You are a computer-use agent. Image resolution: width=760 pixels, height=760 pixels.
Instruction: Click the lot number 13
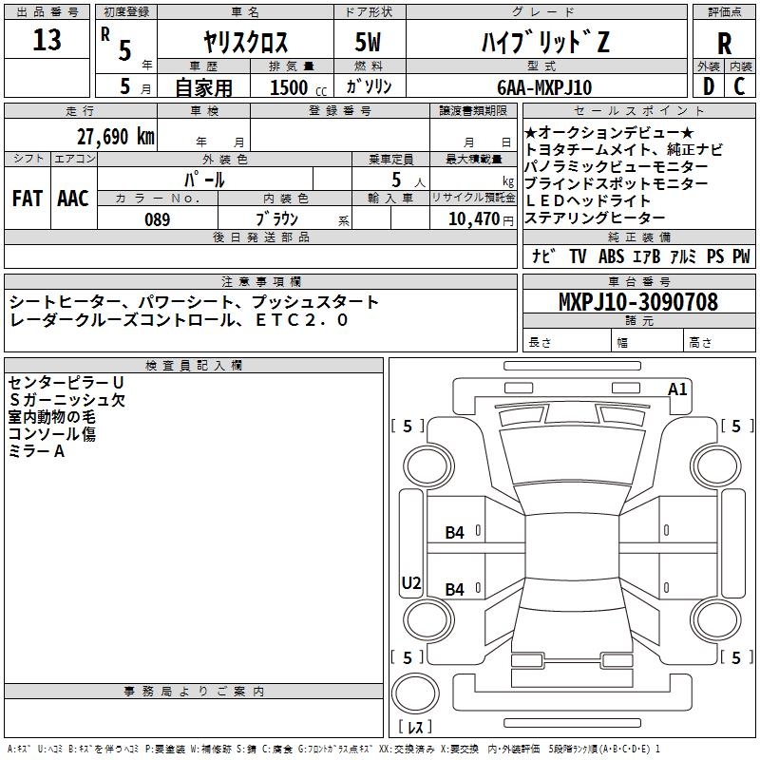[x=47, y=40]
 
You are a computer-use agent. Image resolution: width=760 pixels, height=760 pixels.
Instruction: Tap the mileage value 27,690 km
[x=116, y=137]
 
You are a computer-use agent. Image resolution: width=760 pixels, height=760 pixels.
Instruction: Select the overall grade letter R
[x=724, y=44]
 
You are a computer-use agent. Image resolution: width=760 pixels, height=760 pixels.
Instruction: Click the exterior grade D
[x=709, y=86]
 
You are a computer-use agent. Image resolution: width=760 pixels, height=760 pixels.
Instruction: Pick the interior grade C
[x=739, y=86]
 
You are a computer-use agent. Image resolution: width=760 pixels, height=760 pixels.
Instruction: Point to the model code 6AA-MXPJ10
[x=544, y=87]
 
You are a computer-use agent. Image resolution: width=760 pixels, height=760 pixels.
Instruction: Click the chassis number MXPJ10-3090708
[x=638, y=301]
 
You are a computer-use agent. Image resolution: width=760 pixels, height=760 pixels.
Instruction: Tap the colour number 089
[x=157, y=219]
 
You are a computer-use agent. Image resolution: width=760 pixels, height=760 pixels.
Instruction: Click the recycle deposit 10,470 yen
[x=481, y=219]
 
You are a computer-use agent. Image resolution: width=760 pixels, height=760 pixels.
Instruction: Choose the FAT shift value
[x=28, y=199]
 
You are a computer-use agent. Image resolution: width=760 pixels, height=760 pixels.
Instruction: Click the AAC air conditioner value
[x=73, y=199]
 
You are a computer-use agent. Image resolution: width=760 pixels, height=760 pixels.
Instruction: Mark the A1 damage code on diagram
[x=677, y=389]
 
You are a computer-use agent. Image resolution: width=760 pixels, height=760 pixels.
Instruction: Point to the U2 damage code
[x=411, y=582]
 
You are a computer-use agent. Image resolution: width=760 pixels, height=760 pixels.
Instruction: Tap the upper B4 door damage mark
[x=455, y=533]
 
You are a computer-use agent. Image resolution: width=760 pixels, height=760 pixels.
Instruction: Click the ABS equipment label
[x=611, y=256]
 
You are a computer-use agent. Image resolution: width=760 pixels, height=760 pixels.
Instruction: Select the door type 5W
[x=368, y=42]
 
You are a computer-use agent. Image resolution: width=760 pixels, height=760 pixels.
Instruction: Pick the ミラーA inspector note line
[x=36, y=451]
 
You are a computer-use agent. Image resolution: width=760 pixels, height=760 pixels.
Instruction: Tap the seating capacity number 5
[x=396, y=180]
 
